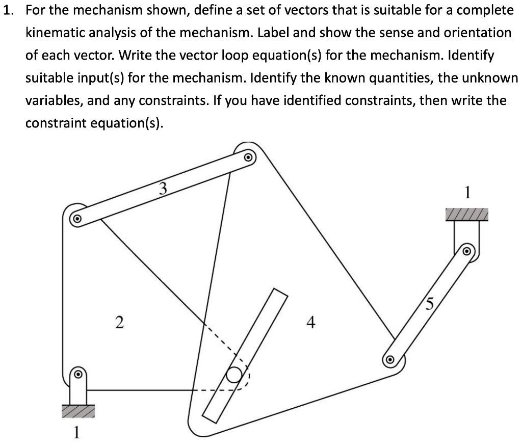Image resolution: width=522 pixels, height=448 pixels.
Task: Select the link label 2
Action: [x=119, y=322]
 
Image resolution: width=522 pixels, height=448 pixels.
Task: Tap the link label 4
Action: [x=311, y=322]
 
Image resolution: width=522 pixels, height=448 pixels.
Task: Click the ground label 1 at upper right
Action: [x=467, y=193]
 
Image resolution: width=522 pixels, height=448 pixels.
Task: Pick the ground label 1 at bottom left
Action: [x=76, y=432]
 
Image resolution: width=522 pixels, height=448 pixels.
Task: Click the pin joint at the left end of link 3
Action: [x=76, y=219]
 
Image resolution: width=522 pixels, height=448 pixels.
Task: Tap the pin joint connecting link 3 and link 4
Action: [x=248, y=157]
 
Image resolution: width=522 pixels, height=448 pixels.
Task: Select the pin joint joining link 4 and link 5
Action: [x=390, y=359]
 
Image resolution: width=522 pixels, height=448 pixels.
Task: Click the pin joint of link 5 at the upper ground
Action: [x=466, y=251]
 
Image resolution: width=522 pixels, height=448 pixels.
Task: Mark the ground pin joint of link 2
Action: [x=77, y=374]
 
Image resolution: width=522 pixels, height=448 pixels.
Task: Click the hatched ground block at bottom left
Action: [x=77, y=411]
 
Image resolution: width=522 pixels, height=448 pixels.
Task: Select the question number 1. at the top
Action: [x=10, y=10]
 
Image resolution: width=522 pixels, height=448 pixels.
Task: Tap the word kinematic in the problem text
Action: [x=56, y=33]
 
